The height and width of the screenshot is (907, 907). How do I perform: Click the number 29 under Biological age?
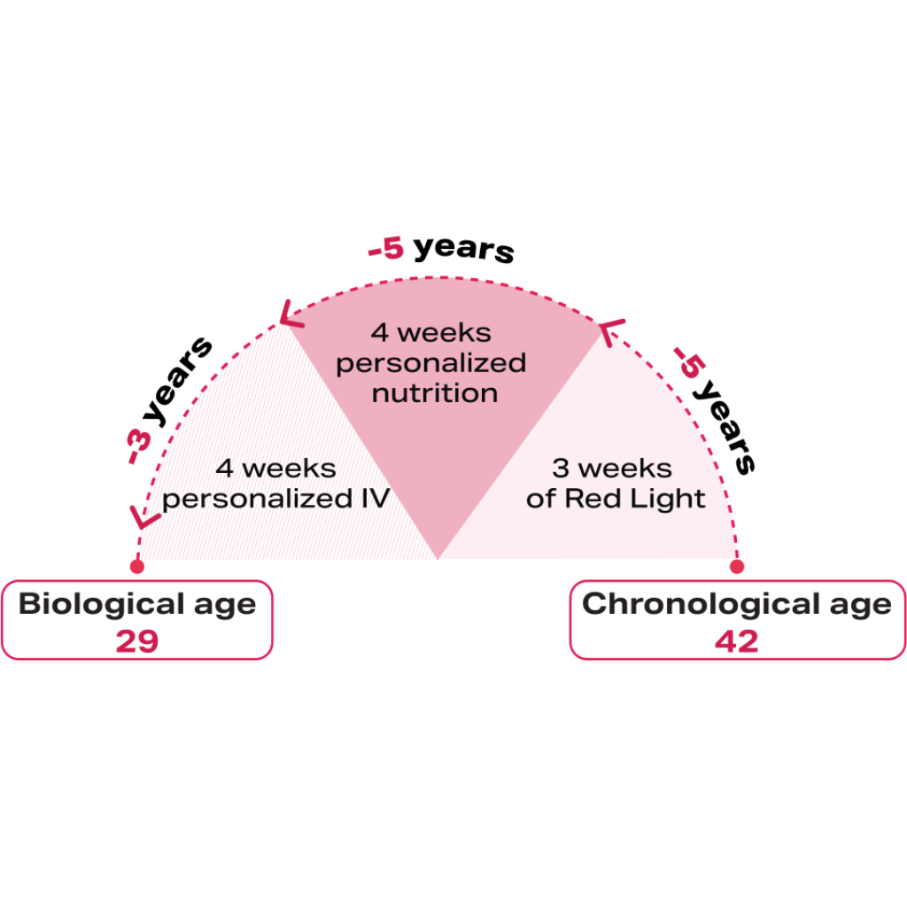point(136,642)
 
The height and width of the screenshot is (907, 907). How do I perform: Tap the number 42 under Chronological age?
point(736,642)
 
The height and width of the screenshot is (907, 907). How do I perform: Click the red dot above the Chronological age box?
point(736,565)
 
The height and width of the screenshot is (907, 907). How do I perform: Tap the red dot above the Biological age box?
point(136,565)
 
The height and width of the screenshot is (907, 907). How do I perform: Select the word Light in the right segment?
point(669,499)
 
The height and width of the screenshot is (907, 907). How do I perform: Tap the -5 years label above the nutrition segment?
point(440,249)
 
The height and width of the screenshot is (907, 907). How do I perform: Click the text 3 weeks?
point(612,468)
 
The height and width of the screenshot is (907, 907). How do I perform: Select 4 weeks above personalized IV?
point(275,468)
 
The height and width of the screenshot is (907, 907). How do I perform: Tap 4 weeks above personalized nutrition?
point(430,333)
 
